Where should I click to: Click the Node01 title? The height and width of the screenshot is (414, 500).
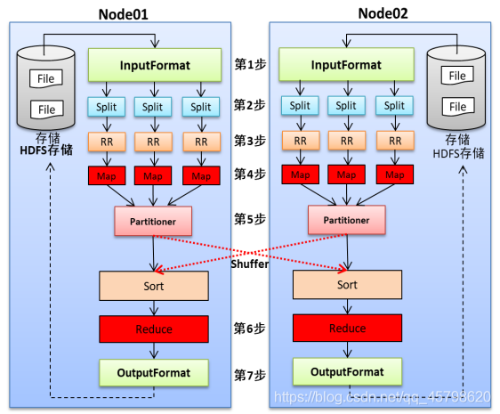pos(123,14)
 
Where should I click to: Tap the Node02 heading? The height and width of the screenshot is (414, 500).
pos(383,13)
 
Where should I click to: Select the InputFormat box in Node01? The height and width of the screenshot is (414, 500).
pos(155,65)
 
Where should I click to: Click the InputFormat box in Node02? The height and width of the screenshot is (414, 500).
pos(346,64)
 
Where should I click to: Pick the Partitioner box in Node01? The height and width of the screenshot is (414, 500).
pos(153,221)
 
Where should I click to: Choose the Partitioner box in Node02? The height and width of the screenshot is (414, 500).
pos(347,220)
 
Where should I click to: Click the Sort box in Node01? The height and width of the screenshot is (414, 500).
pos(154,286)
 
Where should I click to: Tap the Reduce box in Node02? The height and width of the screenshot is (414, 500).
pos(347,328)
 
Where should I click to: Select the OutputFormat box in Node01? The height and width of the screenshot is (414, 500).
pos(154,372)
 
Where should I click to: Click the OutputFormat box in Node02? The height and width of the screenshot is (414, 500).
pos(347,371)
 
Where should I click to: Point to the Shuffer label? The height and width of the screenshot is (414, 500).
pos(250,264)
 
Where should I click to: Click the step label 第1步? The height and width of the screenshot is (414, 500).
pos(250,64)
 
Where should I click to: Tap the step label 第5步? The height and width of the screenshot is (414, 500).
pos(250,219)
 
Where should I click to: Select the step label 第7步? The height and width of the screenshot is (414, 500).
pos(250,376)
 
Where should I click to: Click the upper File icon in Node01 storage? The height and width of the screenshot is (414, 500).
pos(46,78)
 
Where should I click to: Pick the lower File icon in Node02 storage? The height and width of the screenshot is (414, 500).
pos(458,106)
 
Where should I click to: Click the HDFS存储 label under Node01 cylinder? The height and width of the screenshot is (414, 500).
pos(46,150)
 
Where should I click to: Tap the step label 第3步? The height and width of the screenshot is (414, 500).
pos(250,141)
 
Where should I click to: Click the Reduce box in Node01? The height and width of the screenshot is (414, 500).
pos(154,329)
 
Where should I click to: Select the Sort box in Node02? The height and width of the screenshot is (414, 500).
pos(347,285)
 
